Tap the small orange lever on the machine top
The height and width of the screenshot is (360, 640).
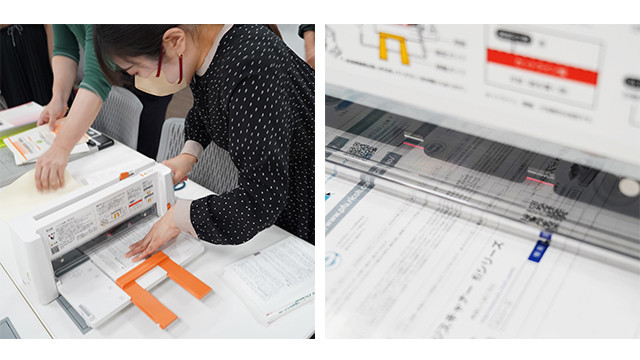click(x=125, y=176)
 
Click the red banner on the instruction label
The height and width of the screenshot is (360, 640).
click(x=541, y=67)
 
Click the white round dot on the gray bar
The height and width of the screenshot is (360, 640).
click(x=628, y=187)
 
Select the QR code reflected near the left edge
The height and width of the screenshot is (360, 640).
click(x=362, y=149)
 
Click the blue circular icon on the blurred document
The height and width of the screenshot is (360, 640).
click(x=333, y=259)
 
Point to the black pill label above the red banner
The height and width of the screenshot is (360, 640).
click(x=513, y=36)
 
